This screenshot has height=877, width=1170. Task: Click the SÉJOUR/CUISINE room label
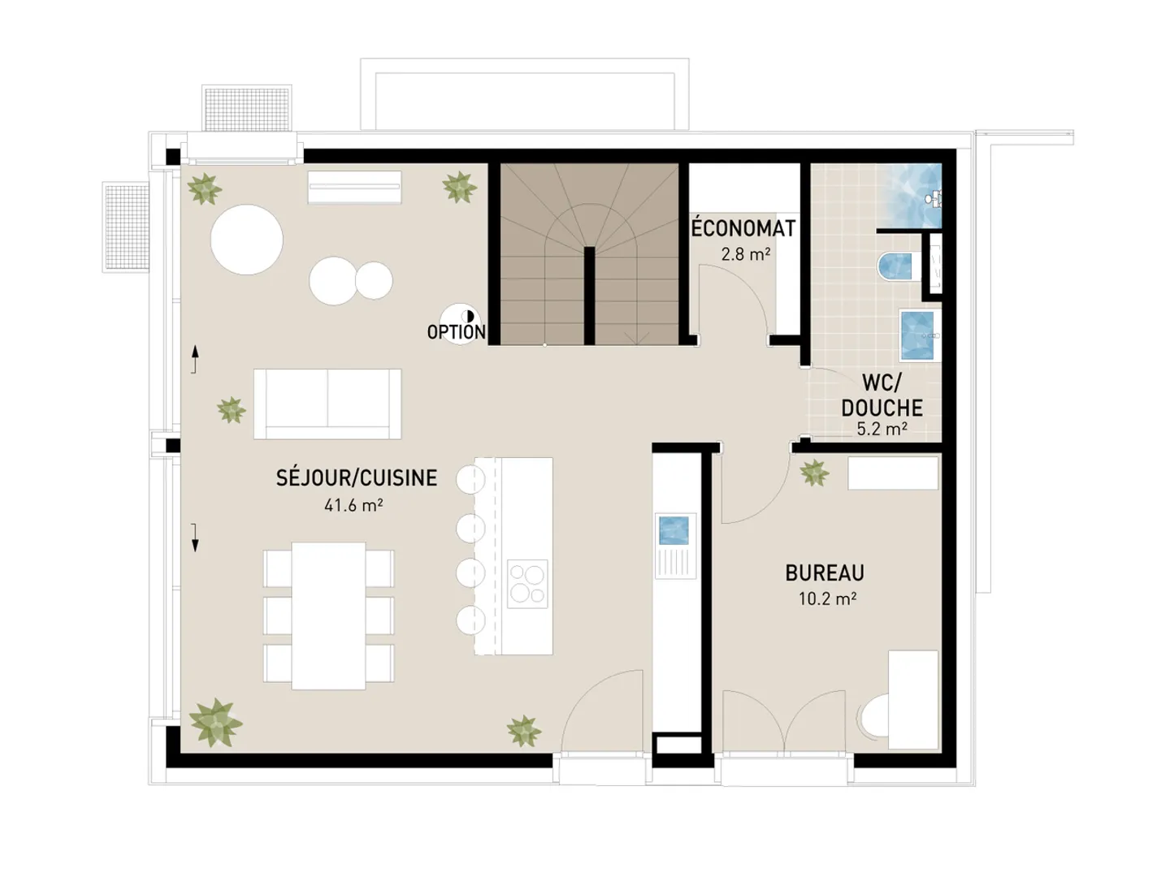click(x=357, y=477)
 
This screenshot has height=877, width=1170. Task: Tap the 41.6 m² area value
click(x=353, y=505)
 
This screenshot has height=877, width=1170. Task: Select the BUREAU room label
click(x=825, y=573)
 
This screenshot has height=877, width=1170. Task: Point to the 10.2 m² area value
click(x=827, y=599)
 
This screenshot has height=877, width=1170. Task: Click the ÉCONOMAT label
click(x=743, y=229)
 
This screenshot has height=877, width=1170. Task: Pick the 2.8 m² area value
click(x=745, y=254)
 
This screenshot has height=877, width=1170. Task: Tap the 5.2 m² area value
click(x=882, y=429)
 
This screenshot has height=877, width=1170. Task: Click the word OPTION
click(x=456, y=332)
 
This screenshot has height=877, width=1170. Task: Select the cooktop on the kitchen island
click(x=527, y=585)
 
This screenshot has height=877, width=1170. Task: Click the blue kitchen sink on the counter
click(x=674, y=530)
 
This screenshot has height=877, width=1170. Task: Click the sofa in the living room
click(x=327, y=404)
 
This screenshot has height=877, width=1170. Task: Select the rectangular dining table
click(x=328, y=616)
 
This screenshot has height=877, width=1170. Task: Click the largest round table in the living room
click(x=247, y=240)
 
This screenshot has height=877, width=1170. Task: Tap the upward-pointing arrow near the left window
click(x=195, y=358)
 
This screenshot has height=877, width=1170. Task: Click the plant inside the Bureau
click(x=814, y=473)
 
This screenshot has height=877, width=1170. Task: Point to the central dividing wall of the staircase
click(x=589, y=296)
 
